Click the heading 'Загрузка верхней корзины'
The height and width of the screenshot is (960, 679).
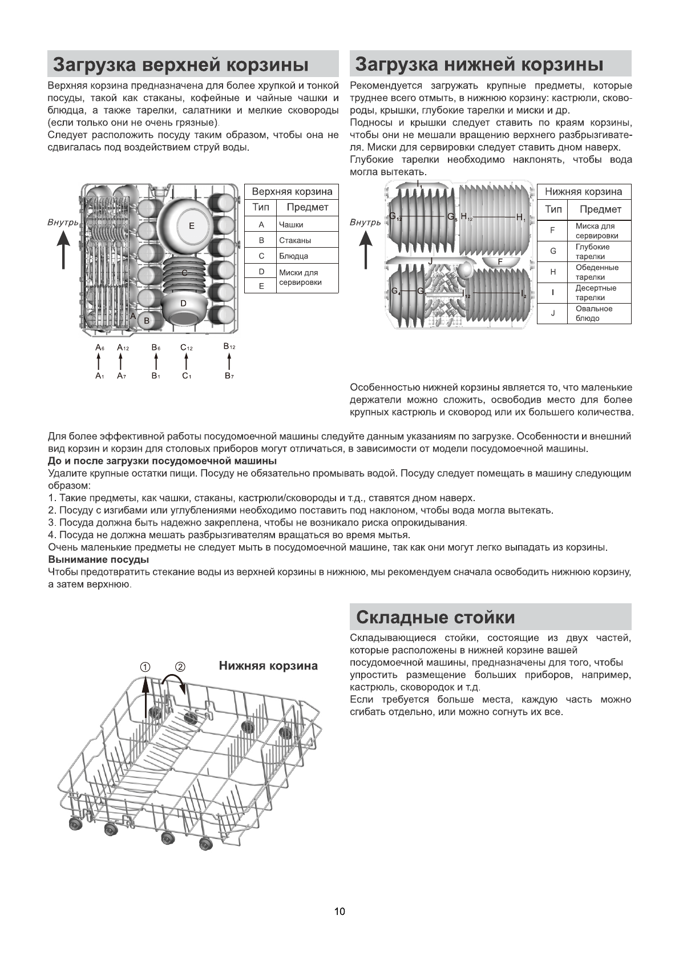[180, 64]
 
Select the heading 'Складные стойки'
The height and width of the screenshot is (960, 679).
[435, 618]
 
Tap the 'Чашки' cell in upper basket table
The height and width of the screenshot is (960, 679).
[291, 225]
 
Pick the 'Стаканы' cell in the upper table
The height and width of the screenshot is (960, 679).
[294, 240]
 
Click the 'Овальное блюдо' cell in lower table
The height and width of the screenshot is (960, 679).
[594, 313]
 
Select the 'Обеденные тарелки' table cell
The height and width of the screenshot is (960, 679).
[597, 272]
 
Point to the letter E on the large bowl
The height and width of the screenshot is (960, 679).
[192, 226]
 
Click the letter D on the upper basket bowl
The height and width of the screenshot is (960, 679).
[183, 303]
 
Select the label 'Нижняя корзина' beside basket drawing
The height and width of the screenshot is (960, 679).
[268, 666]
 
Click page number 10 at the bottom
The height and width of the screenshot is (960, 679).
[339, 911]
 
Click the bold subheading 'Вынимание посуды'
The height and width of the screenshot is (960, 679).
[98, 560]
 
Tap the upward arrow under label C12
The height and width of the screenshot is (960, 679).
[187, 362]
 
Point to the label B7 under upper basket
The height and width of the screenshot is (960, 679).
[229, 376]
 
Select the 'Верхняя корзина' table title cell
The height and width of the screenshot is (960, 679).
[292, 192]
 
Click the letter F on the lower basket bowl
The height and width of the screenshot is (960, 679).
[500, 261]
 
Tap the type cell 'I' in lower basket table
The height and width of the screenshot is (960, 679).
[552, 293]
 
